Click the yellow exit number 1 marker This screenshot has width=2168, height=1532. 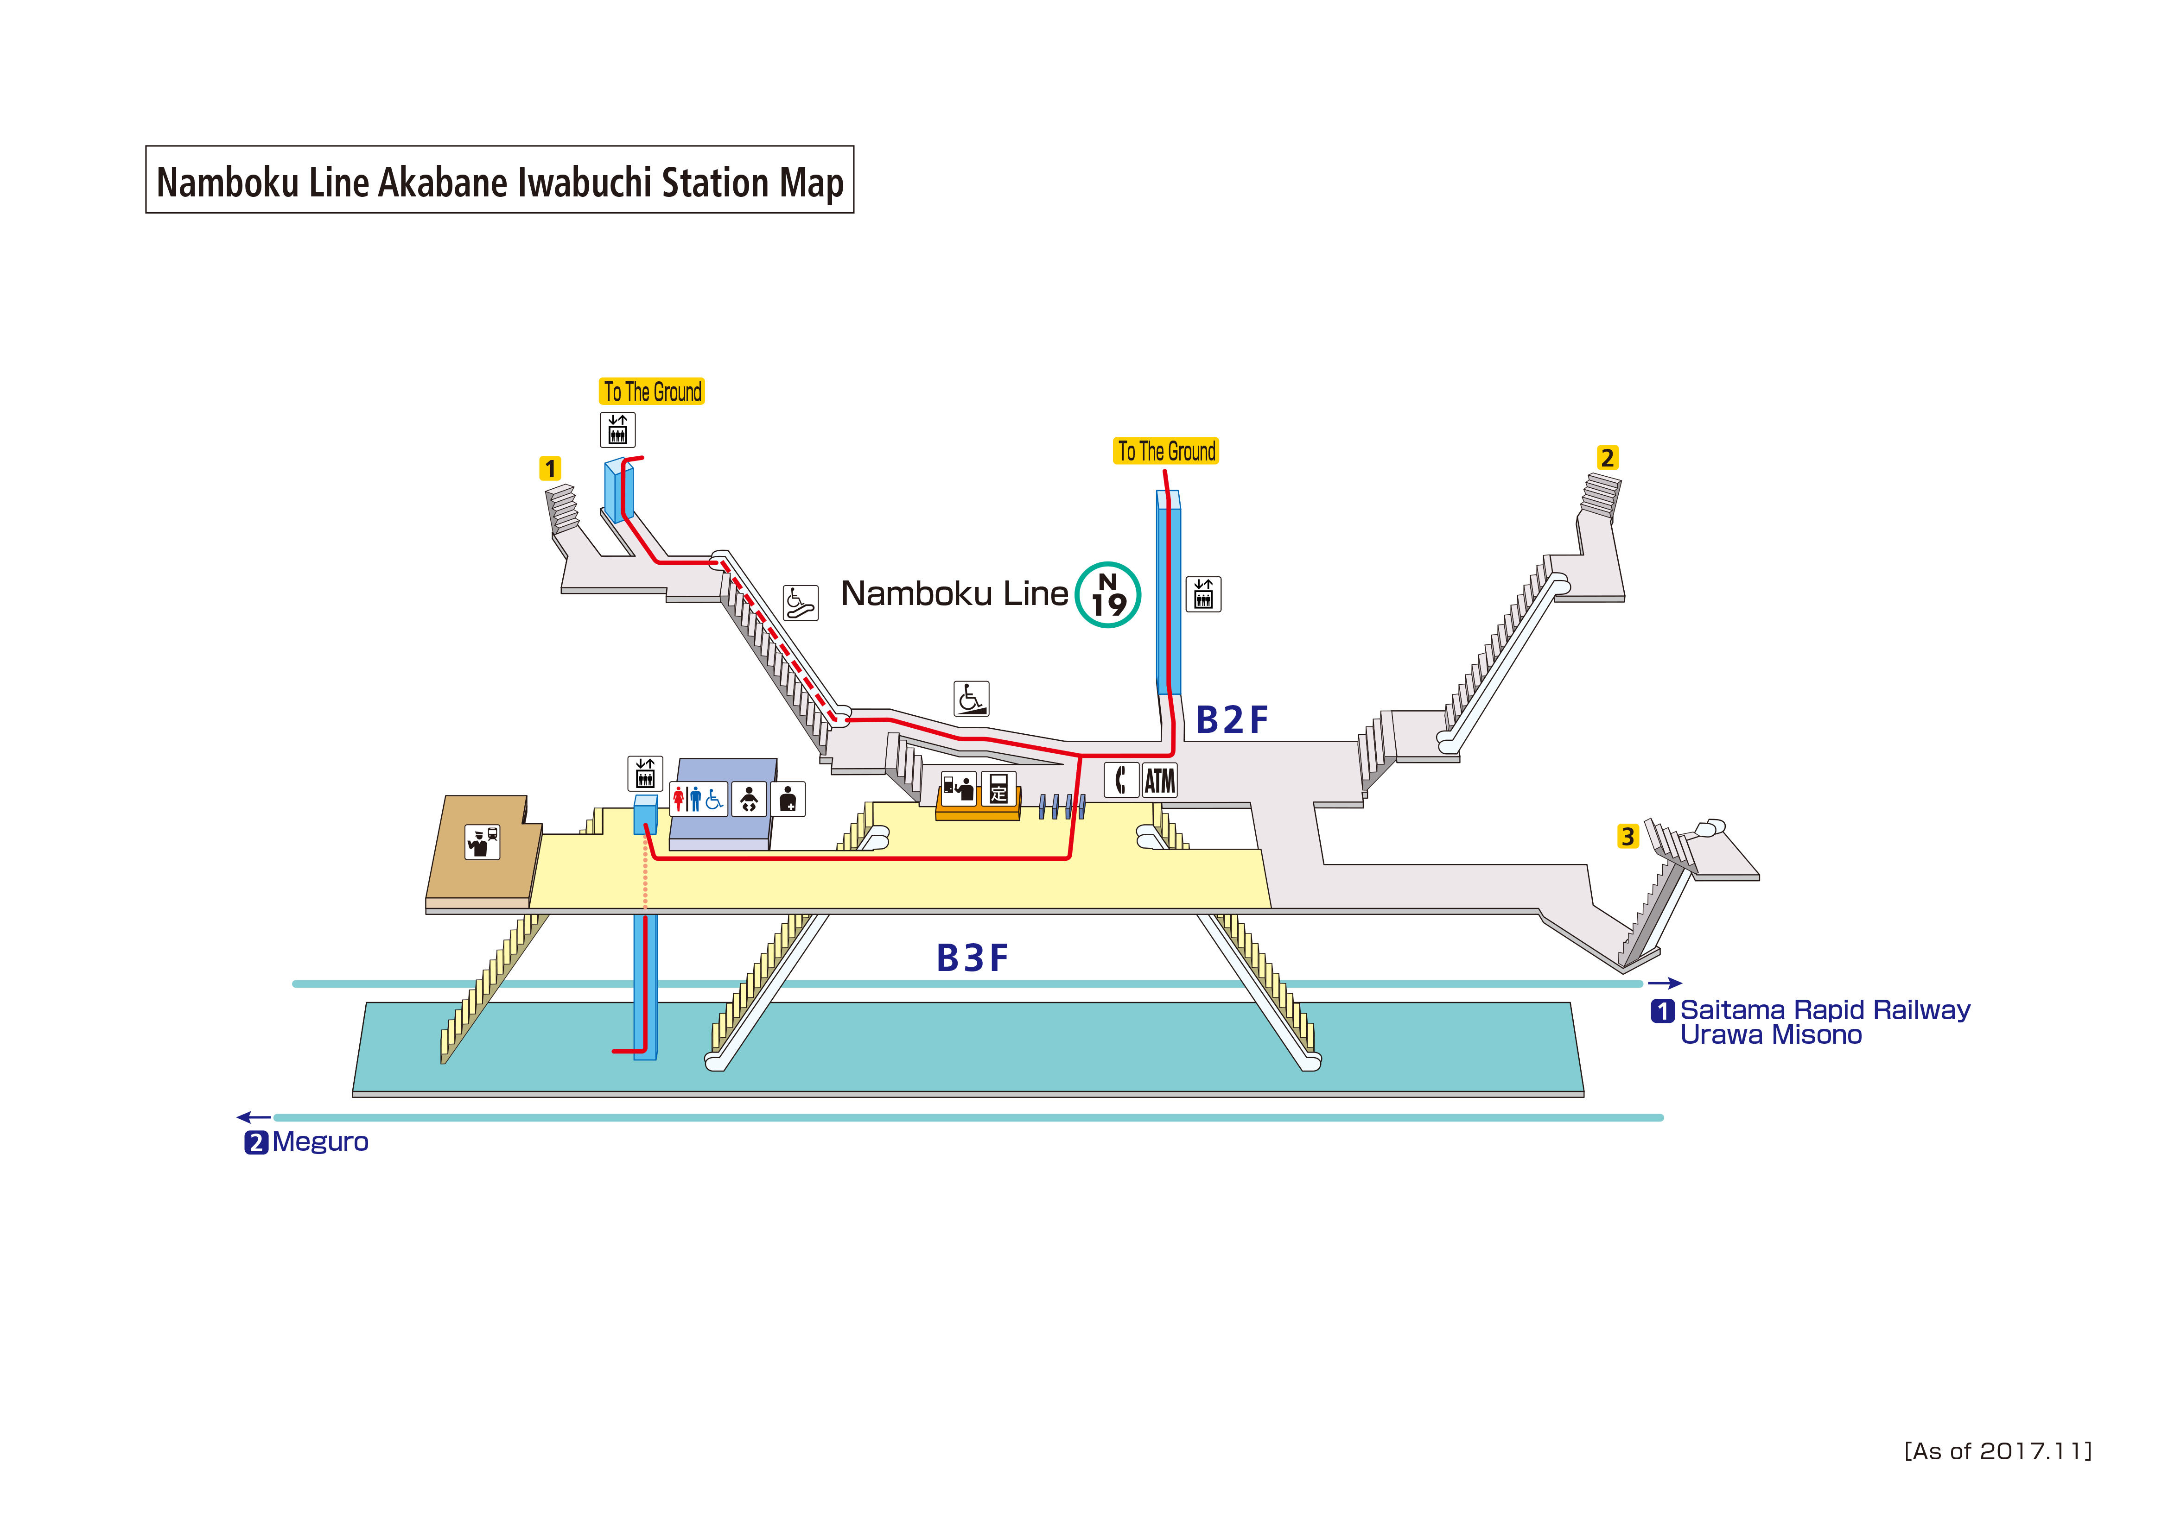coord(550,468)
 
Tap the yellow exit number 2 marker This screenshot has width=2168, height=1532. coord(1607,458)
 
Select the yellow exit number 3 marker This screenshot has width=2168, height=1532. coord(1627,836)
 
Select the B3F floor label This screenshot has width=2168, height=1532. coord(972,958)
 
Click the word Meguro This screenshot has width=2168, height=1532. coord(320,1142)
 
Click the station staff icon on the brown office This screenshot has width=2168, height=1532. coord(483,841)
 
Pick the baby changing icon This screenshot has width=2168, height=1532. coord(749,800)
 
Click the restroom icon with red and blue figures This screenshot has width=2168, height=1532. coord(699,800)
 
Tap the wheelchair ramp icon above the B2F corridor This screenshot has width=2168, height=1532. coord(971,699)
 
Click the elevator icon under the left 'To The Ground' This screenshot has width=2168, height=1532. coord(617,429)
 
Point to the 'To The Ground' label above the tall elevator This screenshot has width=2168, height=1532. coord(1166,451)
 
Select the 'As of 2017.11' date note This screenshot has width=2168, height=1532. coord(1997,1451)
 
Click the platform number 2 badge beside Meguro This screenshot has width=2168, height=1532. coord(256,1143)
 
